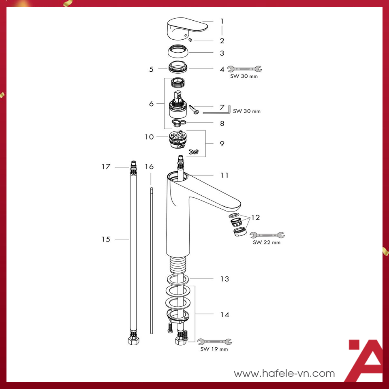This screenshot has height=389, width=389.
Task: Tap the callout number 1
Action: tap(222, 21)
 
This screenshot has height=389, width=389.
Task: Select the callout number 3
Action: tap(222, 53)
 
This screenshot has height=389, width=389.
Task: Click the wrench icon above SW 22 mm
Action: tap(267, 235)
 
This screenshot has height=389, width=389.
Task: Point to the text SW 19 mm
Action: tap(214, 349)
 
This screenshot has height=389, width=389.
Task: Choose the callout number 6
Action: tap(151, 104)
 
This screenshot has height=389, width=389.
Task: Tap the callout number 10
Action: tap(150, 137)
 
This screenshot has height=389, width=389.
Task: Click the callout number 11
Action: tap(224, 175)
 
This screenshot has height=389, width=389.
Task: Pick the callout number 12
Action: tap(255, 218)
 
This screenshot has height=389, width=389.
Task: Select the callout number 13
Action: tap(224, 279)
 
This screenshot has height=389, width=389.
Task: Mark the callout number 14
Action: tap(224, 314)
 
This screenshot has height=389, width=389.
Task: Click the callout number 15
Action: tap(106, 239)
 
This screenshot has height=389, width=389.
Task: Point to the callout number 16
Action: tap(150, 167)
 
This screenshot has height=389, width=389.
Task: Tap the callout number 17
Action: tap(106, 167)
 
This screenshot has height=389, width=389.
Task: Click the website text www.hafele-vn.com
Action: tap(284, 373)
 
